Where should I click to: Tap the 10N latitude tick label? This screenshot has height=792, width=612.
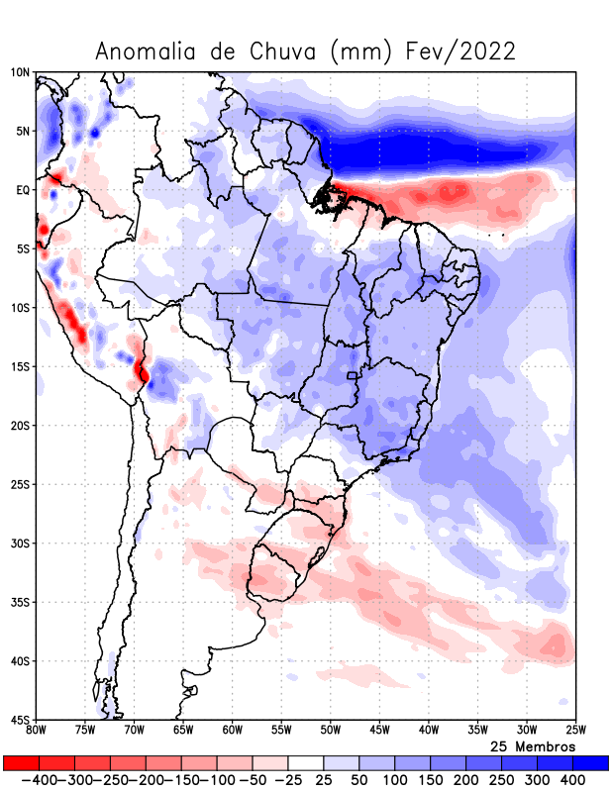[x=20, y=72]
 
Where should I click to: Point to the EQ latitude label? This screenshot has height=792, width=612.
[x=22, y=190]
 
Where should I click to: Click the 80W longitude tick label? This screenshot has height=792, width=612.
[x=37, y=731]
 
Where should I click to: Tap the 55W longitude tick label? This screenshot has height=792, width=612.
[x=281, y=731]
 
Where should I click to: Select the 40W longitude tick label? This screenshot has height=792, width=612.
[x=428, y=731]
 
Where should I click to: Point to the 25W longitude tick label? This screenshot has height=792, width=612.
[x=574, y=731]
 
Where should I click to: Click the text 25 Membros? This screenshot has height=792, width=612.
[x=533, y=745]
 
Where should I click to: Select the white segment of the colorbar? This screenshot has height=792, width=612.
[x=306, y=763]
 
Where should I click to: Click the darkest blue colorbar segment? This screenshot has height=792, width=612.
[x=590, y=763]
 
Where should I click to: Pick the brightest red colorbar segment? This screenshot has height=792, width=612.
[x=21, y=763]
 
